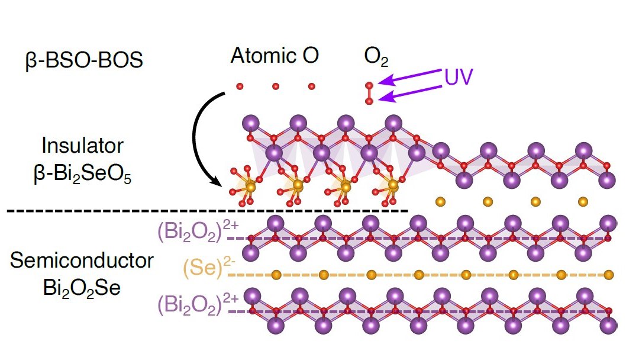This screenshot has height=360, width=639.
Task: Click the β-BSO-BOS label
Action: coord(85,60)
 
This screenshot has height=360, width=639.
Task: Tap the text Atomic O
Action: coord(275,56)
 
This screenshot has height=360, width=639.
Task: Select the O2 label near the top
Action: coord(376,57)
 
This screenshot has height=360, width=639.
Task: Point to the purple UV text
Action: coord(459,76)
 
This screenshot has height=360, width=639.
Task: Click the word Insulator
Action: coord(82,146)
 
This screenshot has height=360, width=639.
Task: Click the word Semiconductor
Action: coord(82,261)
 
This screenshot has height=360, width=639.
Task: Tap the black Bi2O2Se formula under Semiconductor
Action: coord(82,288)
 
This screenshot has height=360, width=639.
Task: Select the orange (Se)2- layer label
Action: coord(209,267)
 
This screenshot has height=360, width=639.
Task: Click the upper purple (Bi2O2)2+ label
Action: coord(198,232)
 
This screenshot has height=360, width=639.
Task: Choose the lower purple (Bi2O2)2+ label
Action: coord(198,304)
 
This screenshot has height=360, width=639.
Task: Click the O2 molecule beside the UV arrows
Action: coord(369,94)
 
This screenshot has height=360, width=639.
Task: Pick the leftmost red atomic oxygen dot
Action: coord(240,86)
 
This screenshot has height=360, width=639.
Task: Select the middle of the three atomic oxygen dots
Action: coord(276,86)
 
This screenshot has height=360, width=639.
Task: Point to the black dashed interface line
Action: coord(208,211)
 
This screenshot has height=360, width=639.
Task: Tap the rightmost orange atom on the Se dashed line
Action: coord(608,275)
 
